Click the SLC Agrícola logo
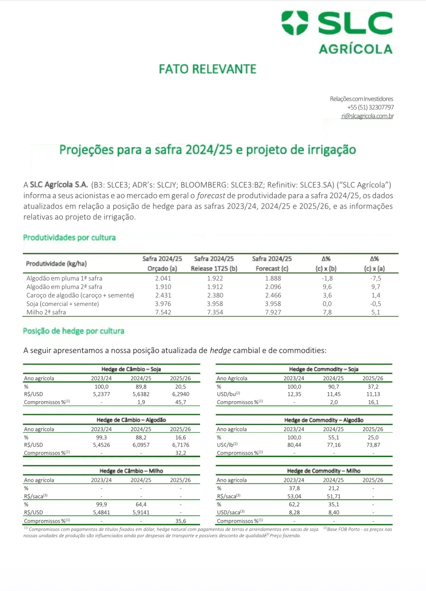pyautogui.click(x=337, y=32)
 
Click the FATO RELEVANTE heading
pyautogui.click(x=207, y=69)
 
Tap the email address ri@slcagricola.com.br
pyautogui.click(x=367, y=116)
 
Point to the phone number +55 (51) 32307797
pyautogui.click(x=370, y=108)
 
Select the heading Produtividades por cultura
pyautogui.click(x=69, y=238)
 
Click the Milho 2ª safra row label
pyautogui.click(x=46, y=312)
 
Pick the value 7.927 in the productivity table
pyautogui.click(x=273, y=312)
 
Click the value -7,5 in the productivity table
pyautogui.click(x=375, y=278)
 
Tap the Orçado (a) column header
pyautogui.click(x=162, y=269)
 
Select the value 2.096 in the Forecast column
pyautogui.click(x=273, y=287)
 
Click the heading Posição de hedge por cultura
pyautogui.click(x=74, y=331)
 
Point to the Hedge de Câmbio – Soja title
pyautogui.click(x=131, y=369)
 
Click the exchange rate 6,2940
pyautogui.click(x=180, y=394)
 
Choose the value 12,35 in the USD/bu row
pyautogui.click(x=294, y=394)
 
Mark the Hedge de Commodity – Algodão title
pyautogui.click(x=324, y=420)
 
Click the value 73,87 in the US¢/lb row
pyautogui.click(x=373, y=445)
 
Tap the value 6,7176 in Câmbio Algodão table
pyautogui.click(x=180, y=445)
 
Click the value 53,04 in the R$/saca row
pyautogui.click(x=294, y=497)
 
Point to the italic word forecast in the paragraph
pyautogui.click(x=211, y=196)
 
